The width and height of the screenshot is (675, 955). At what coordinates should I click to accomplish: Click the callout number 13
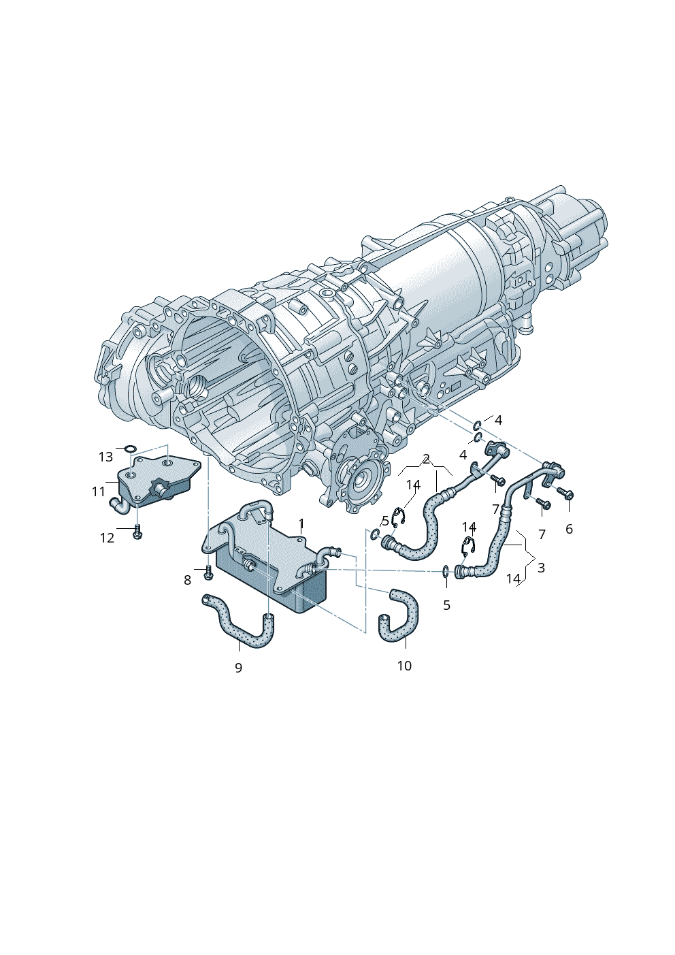pos(105,457)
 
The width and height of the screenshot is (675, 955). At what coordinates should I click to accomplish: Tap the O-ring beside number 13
pos(131,449)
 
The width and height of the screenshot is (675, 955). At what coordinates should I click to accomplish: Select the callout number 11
pos(99,491)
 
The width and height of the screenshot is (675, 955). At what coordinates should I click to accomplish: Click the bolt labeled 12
pos(137,533)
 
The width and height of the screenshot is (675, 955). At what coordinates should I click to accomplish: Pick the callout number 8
pos(188,580)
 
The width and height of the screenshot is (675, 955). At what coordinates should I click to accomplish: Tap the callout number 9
pos(239,667)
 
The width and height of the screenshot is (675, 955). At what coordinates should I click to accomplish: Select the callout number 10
pos(404,666)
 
